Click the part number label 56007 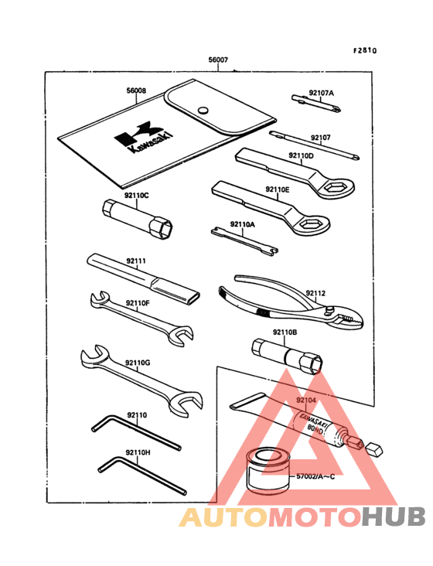[x=218, y=60]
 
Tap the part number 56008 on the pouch [x=137, y=91]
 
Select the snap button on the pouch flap [x=203, y=109]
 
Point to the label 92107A [x=321, y=94]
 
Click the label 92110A [x=242, y=224]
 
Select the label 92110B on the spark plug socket [x=284, y=332]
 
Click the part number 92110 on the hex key [x=136, y=415]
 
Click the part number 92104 [x=306, y=401]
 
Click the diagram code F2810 [x=365, y=51]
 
